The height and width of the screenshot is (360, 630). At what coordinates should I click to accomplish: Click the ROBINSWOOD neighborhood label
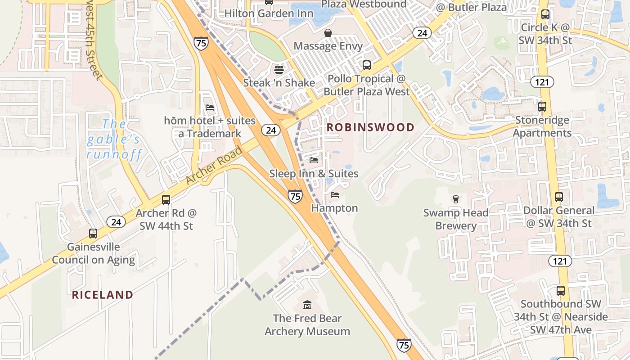point(370,127)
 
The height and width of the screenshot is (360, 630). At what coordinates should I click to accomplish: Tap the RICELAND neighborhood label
point(103,295)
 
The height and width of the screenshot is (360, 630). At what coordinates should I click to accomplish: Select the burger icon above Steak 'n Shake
point(279,70)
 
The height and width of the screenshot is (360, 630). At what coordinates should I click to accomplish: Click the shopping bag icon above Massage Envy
point(328,33)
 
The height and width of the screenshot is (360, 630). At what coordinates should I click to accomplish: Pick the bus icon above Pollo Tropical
point(367,65)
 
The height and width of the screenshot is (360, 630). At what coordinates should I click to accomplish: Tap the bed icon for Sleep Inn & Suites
point(314,160)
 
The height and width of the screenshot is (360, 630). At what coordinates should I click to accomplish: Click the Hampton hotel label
point(334,208)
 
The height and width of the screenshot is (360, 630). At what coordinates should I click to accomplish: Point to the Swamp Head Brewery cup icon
point(455,199)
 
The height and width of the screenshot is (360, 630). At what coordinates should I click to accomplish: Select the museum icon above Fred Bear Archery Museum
point(307,305)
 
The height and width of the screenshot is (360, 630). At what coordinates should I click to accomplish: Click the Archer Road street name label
point(214,165)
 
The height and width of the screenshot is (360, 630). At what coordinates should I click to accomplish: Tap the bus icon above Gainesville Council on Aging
point(93,234)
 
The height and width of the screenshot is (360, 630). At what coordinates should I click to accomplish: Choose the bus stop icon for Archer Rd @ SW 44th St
point(166,200)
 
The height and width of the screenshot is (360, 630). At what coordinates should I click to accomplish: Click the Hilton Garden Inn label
point(269,13)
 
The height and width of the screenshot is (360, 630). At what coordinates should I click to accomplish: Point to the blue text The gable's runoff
point(114,139)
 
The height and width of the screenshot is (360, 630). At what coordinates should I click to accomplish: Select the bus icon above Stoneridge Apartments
point(542,107)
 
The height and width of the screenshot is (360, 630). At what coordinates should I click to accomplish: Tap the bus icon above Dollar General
point(559,197)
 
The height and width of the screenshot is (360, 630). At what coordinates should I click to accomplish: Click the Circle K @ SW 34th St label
point(545,34)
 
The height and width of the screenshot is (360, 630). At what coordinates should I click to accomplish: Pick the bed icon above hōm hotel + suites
point(210,108)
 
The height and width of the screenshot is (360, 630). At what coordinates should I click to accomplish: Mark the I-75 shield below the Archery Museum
point(404,345)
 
